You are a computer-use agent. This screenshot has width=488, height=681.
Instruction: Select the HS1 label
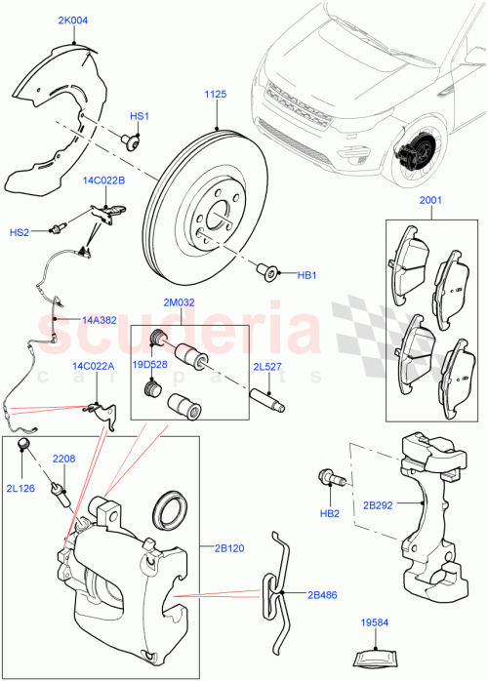click(140, 117)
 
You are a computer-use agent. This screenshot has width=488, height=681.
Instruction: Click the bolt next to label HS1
click(130, 143)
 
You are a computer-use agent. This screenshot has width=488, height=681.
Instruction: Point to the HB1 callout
click(306, 276)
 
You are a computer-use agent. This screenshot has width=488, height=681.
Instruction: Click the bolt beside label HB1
click(265, 269)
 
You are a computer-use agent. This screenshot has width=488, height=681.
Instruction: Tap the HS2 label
click(20, 232)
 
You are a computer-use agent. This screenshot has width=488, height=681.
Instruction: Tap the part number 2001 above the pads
click(430, 201)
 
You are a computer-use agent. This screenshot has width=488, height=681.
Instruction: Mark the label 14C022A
click(93, 366)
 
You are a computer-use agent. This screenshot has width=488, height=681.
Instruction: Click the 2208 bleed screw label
click(63, 459)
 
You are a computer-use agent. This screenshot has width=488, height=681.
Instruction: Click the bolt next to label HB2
click(328, 480)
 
